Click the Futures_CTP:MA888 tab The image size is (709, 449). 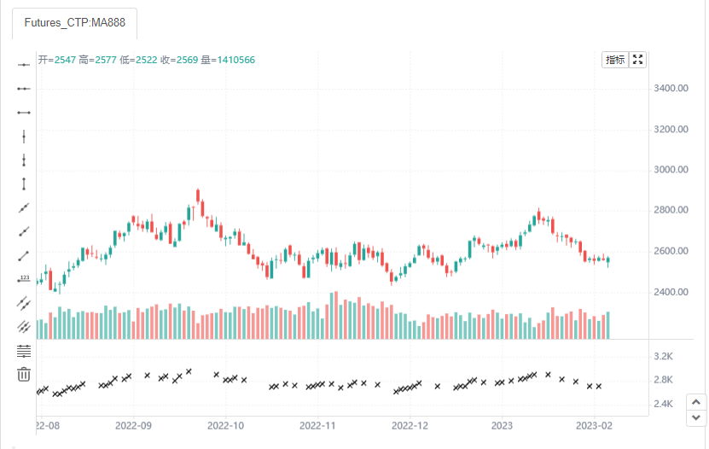pos(74,23)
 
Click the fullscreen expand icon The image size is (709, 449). pos(637,60)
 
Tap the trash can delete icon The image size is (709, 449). pos(24,375)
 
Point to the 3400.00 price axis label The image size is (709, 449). pos(671,88)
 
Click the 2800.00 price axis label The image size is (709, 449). pos(671,210)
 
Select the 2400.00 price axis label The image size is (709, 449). pos(671,292)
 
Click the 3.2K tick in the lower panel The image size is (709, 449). pos(663,356)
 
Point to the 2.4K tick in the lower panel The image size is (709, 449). pos(663,404)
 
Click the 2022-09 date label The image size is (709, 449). pos(133,425)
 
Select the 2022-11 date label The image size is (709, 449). pos(317,425)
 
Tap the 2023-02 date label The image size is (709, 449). pos(594,425)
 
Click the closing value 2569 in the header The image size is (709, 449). pos(187,60)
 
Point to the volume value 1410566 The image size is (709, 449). pos(236,60)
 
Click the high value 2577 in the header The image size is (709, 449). pos(106,60)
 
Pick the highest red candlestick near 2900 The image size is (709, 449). pos(198,195)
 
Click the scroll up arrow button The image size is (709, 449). pos(696,402)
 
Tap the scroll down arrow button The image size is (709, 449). pos(696,417)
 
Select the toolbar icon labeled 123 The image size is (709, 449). pos(24,279)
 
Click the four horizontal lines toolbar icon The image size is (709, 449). pos(24,351)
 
